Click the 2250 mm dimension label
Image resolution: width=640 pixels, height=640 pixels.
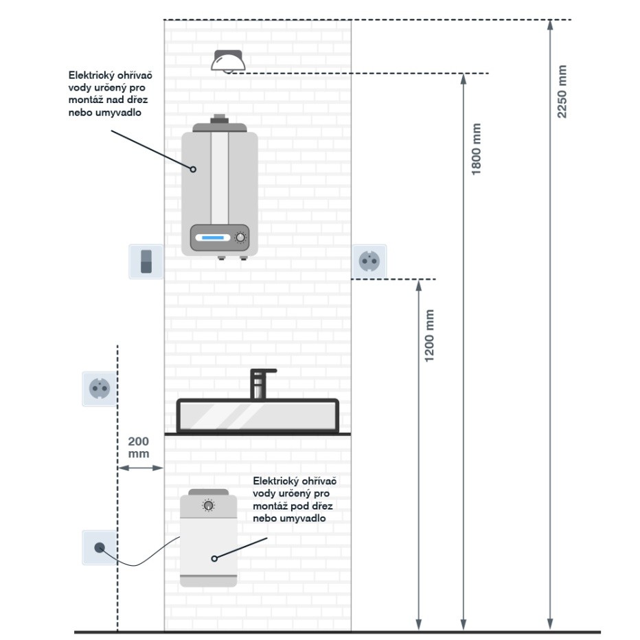point(562,91)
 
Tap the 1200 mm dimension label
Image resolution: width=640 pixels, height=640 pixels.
point(431,336)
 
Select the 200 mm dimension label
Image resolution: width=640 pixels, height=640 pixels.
point(139,447)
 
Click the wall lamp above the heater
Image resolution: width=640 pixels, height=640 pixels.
point(228,61)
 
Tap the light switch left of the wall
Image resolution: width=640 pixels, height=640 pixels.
point(146,262)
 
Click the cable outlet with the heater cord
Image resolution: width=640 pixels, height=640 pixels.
point(100,547)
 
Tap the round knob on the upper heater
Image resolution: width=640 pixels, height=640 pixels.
point(240,238)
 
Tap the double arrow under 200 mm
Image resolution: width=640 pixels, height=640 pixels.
point(140,468)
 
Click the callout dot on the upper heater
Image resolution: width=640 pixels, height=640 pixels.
point(194,169)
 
